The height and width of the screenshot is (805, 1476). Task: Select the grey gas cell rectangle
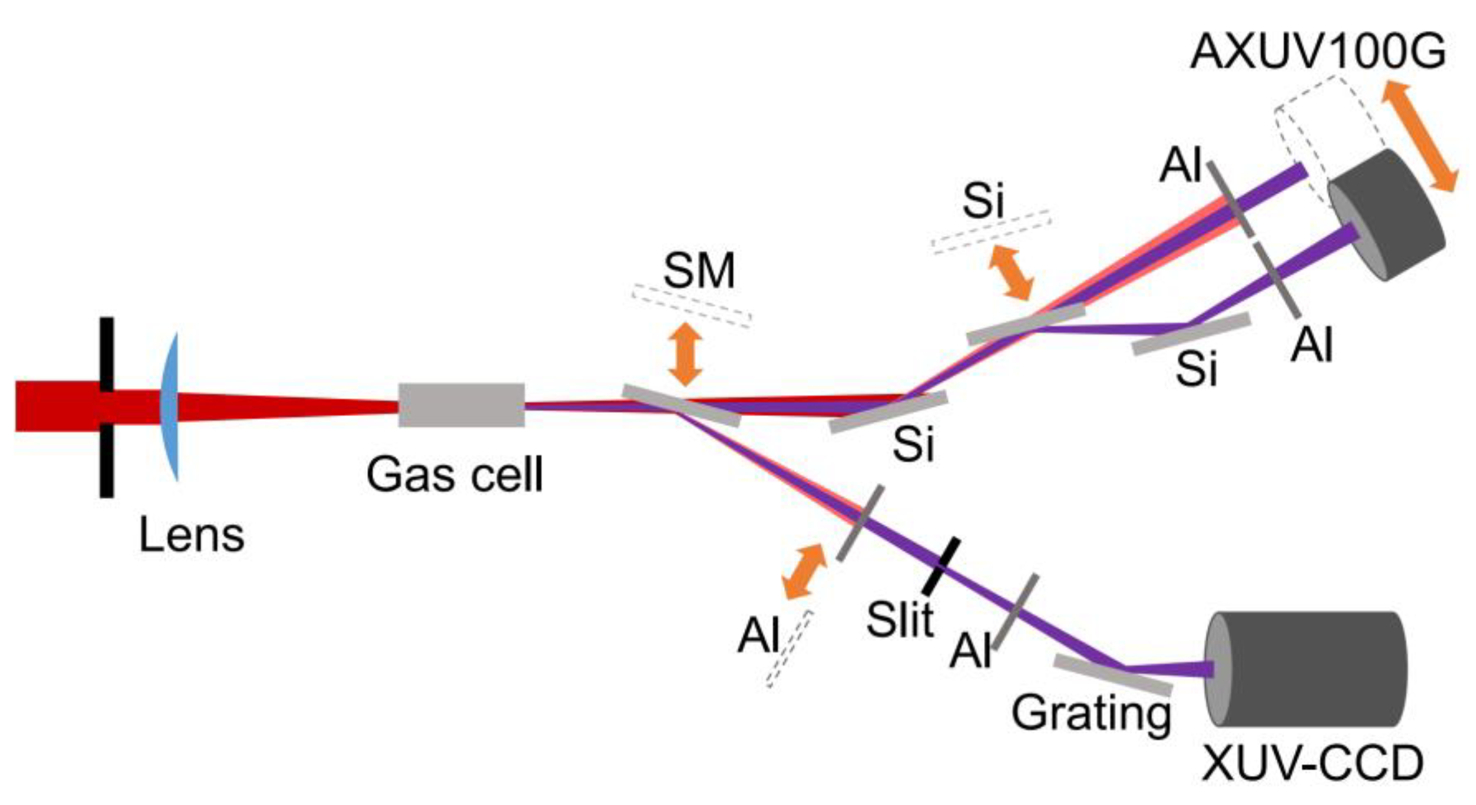[461, 405]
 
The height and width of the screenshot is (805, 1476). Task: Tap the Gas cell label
[454, 475]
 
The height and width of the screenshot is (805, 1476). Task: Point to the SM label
[699, 271]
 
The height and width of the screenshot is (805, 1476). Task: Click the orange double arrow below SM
[685, 354]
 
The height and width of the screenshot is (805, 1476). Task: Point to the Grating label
[1092, 714]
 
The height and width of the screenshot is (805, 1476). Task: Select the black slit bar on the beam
[941, 566]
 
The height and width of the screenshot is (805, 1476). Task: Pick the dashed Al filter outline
[789, 649]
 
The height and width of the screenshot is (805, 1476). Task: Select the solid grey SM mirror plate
[682, 405]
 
